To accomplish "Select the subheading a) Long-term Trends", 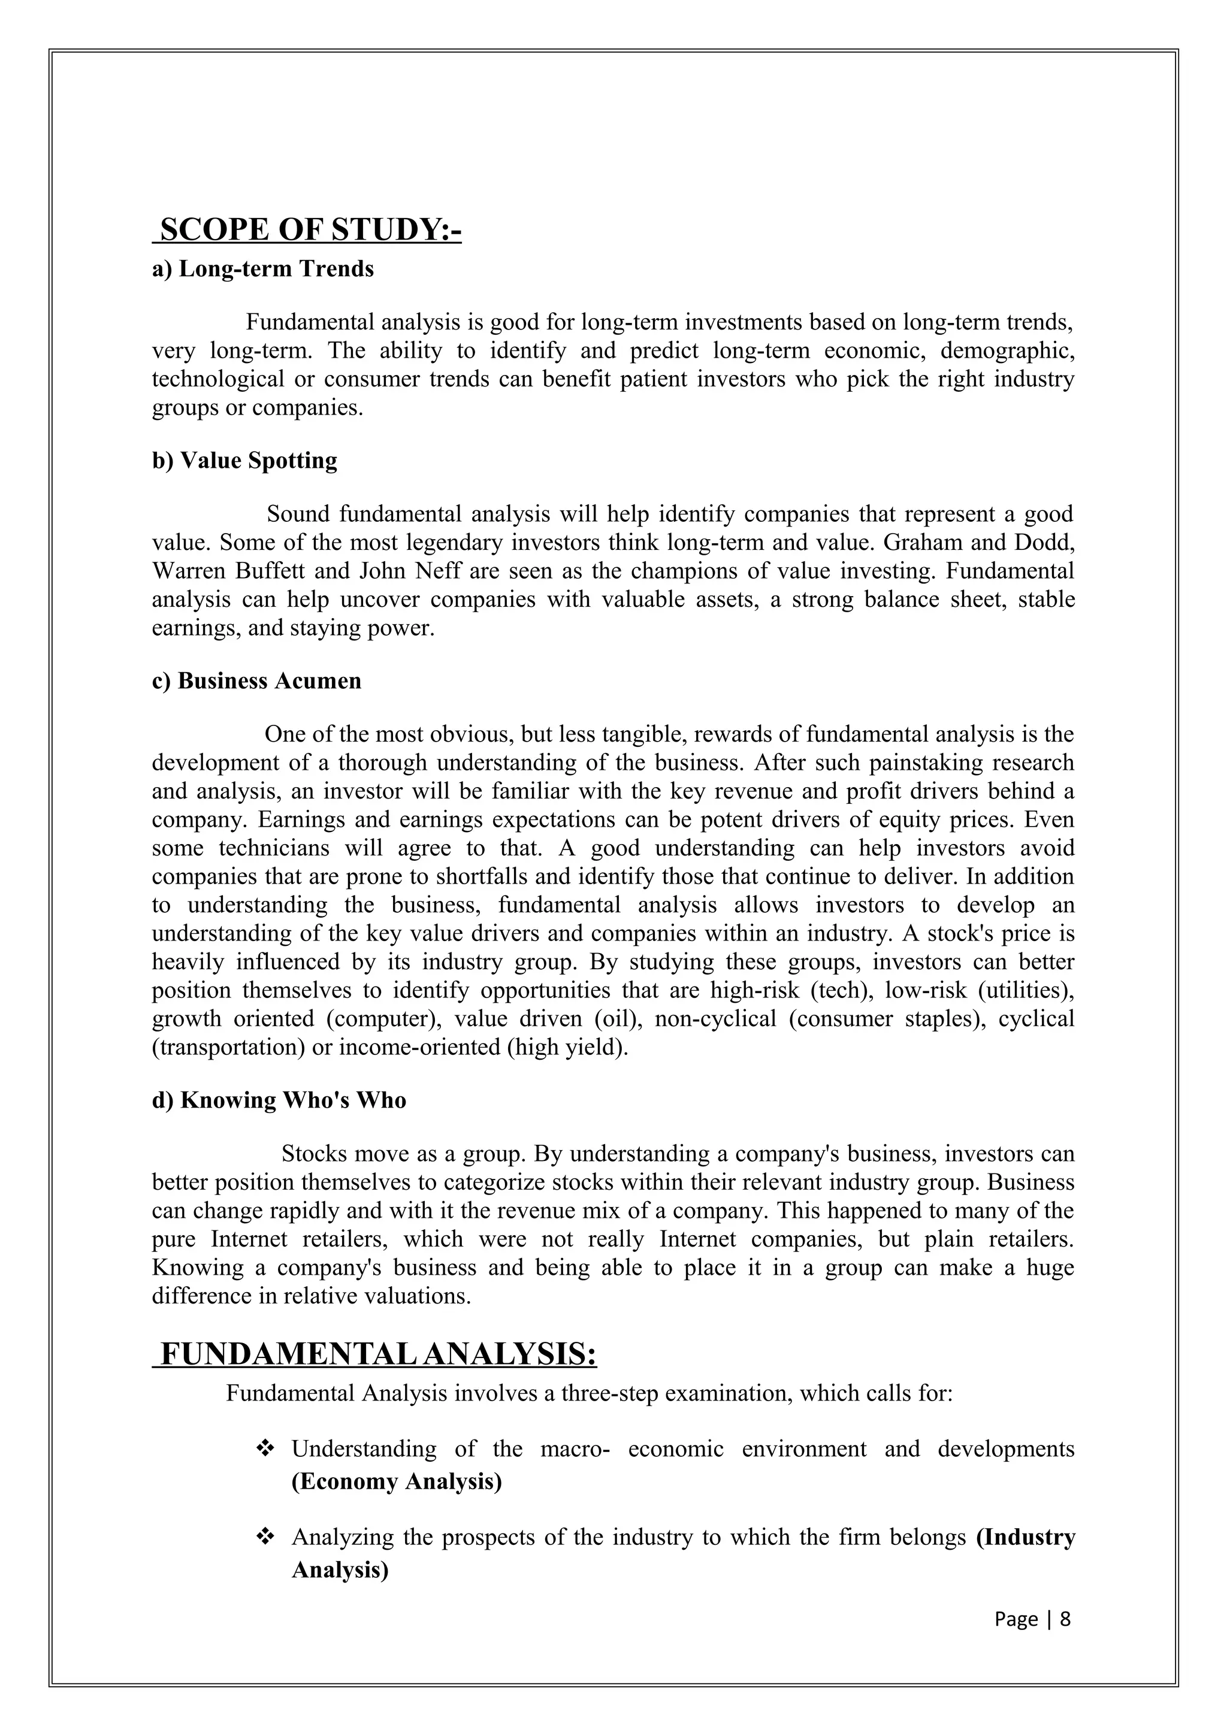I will point(263,269).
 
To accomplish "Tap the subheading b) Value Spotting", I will point(245,461).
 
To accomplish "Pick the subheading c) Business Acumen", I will point(257,681).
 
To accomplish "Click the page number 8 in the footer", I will point(1065,1619).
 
